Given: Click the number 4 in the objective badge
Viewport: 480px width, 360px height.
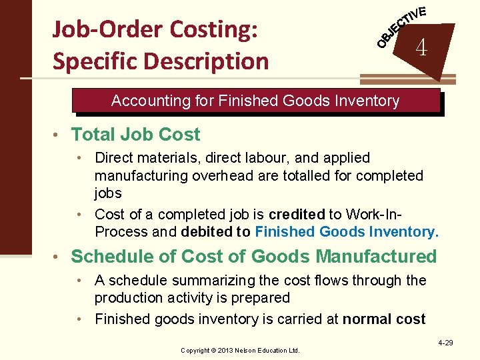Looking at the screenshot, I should click(x=421, y=47).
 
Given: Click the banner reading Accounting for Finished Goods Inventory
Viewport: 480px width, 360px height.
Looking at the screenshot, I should click(x=256, y=101).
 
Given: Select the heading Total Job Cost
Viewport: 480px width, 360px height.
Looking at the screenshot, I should click(x=135, y=134).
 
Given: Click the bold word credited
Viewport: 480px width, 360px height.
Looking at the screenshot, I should click(x=297, y=215).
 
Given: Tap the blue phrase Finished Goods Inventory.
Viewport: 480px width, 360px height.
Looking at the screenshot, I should click(x=347, y=232).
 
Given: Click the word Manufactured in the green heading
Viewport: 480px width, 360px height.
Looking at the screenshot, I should click(x=376, y=257).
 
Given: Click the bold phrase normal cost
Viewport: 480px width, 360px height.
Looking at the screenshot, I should click(x=384, y=319).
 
